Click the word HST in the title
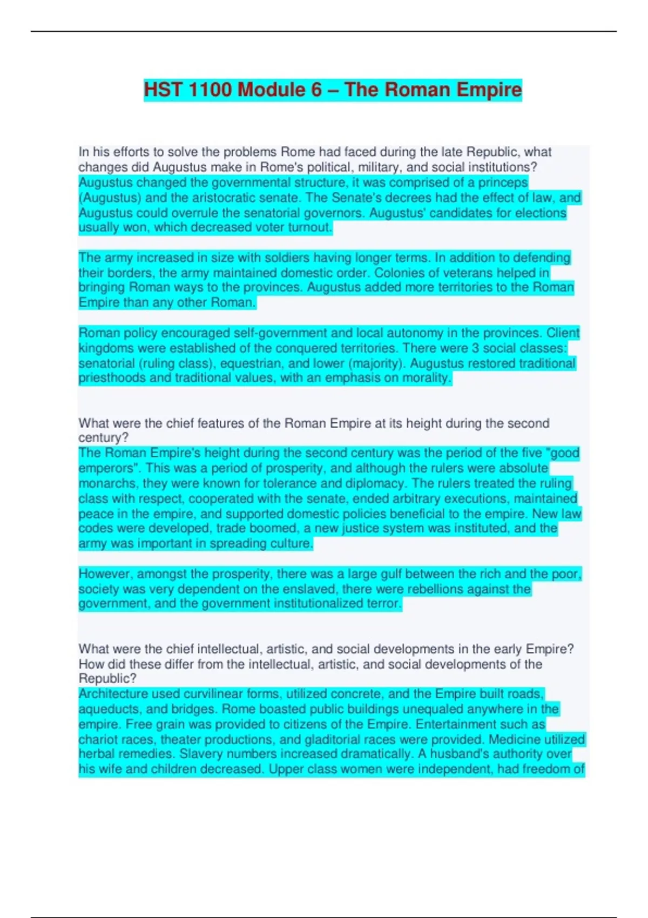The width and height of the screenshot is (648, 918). (x=163, y=90)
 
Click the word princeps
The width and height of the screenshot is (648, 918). (x=502, y=183)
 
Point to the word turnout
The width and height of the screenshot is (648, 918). (x=309, y=227)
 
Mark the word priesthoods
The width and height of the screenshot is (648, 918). (x=112, y=377)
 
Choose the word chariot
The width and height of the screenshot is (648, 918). (x=98, y=739)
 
